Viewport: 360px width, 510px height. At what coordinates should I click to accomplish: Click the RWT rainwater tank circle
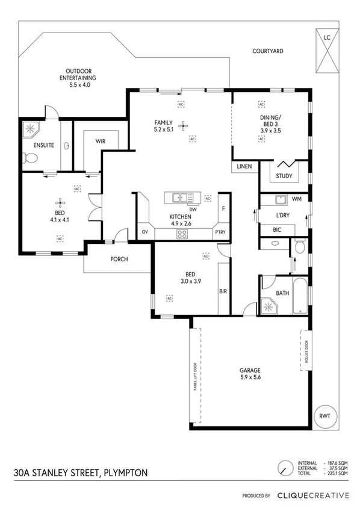pos(324,416)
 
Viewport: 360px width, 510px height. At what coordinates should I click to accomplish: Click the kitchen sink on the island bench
pos(181,197)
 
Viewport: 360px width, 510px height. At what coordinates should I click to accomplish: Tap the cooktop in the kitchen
pos(181,235)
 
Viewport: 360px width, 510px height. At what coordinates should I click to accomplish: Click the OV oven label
pos(144,232)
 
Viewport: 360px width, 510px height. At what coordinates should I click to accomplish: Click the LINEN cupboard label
pos(243,166)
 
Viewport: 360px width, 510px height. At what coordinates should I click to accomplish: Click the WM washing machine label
pos(296,198)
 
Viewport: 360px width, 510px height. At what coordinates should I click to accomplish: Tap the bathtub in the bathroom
pos(300,298)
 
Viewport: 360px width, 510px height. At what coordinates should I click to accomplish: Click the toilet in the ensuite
pos(31,158)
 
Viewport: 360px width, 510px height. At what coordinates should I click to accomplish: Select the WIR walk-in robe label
pos(101,141)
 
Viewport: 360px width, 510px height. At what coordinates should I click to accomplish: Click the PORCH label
pos(118,260)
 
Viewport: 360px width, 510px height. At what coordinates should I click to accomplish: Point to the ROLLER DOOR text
pos(305,350)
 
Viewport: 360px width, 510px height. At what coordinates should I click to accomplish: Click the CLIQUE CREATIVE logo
pos(312,496)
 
